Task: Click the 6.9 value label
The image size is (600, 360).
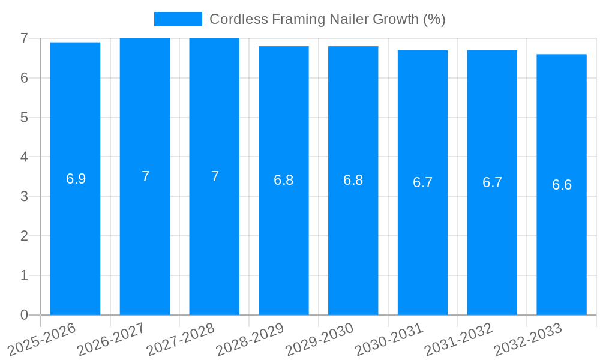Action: point(76,179)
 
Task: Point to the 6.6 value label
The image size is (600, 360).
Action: point(562,185)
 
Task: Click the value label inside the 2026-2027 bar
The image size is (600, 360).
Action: point(145,176)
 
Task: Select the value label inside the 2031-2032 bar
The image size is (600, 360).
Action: point(492,182)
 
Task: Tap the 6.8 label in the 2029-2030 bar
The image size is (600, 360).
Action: point(353,180)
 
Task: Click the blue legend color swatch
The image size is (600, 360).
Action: point(178,19)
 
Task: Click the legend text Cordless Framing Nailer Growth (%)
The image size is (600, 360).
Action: point(327,19)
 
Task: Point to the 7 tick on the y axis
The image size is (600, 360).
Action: point(24,38)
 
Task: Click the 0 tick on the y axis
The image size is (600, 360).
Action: point(24,315)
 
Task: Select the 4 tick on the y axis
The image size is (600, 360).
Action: point(24,157)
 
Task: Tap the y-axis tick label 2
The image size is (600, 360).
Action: point(24,236)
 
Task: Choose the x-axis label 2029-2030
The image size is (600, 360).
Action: point(320,339)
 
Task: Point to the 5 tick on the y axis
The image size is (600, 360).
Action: point(24,118)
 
